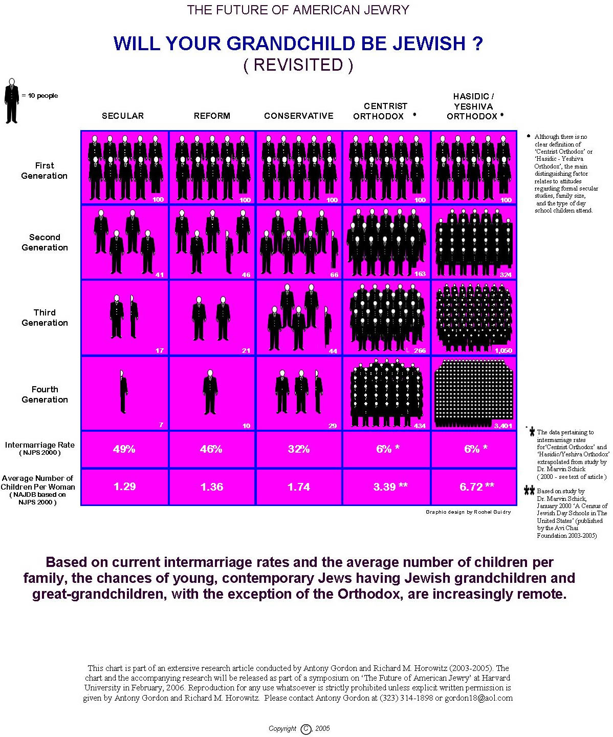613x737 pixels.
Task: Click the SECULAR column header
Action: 123,116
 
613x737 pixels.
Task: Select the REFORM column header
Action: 212,116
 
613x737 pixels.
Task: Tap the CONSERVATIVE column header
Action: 299,116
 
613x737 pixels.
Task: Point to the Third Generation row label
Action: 45,318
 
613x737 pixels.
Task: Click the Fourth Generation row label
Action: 45,394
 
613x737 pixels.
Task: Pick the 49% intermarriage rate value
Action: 124,449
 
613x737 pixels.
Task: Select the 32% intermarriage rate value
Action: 298,449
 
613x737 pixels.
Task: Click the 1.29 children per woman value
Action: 124,487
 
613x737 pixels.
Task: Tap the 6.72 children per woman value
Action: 471,487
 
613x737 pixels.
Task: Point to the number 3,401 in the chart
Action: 502,426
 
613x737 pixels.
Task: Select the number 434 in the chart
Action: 420,426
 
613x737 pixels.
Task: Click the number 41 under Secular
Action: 160,275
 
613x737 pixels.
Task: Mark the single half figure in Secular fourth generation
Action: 123,391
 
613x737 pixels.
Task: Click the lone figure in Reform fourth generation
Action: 210,392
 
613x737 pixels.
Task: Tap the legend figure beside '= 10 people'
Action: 12,101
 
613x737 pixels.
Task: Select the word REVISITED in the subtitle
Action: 298,65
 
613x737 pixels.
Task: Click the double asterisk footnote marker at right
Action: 529,490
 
